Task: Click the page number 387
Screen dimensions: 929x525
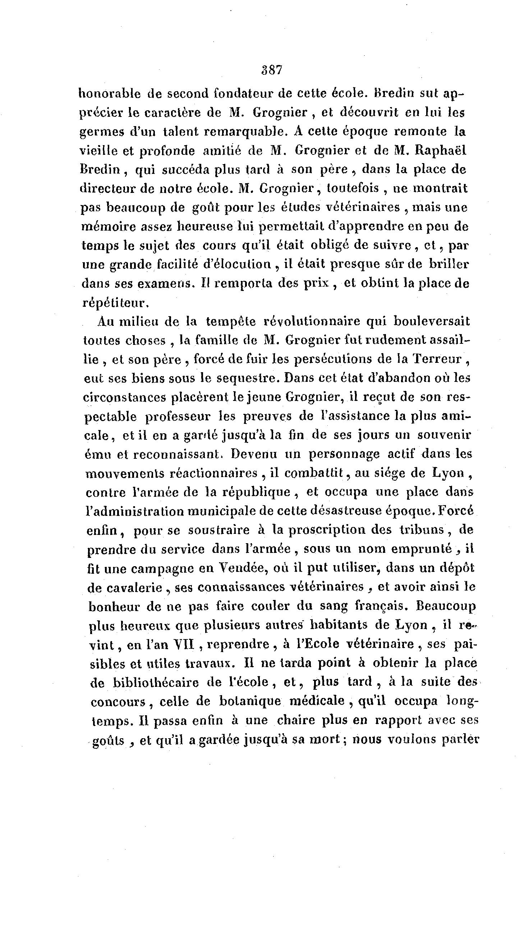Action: pyautogui.click(x=271, y=70)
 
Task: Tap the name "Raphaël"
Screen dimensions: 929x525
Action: pyautogui.click(x=442, y=151)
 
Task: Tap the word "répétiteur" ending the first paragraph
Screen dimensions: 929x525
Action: pyautogui.click(x=115, y=302)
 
